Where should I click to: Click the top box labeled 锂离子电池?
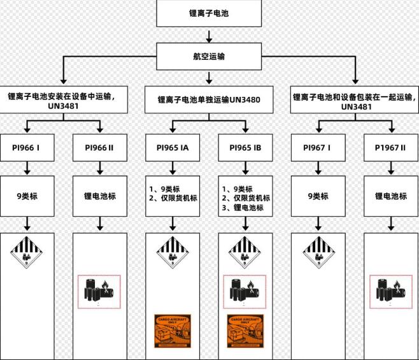(x=209, y=13)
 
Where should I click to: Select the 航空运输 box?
(x=209, y=56)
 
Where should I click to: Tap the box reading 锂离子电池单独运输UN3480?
(x=209, y=99)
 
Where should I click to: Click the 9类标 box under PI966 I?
(x=27, y=196)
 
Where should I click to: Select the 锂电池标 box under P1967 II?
(x=390, y=196)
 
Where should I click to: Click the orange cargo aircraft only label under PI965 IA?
(x=173, y=331)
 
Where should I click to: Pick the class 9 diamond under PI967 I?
(x=318, y=251)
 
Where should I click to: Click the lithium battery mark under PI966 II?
(x=99, y=292)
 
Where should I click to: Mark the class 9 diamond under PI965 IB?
(x=245, y=251)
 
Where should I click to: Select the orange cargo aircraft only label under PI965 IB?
(x=245, y=331)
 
